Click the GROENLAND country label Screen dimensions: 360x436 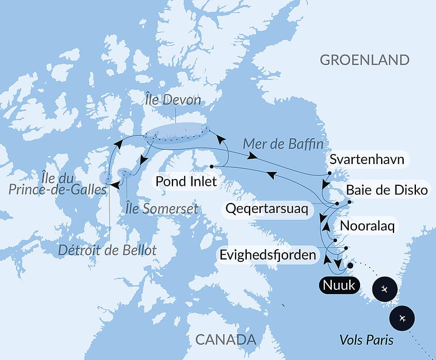(x=364, y=60)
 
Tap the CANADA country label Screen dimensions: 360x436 (x=225, y=339)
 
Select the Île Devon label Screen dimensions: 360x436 (x=174, y=100)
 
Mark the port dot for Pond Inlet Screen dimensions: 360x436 (x=211, y=166)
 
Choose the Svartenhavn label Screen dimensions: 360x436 (x=367, y=160)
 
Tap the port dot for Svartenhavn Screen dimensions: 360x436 (x=330, y=173)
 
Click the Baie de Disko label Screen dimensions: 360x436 (x=386, y=190)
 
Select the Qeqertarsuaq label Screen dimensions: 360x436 (x=267, y=209)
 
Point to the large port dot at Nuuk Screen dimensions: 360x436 (x=350, y=265)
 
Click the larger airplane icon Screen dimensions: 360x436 (x=402, y=319)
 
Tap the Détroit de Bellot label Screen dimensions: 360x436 (x=107, y=250)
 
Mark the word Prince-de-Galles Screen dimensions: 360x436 (x=58, y=190)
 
